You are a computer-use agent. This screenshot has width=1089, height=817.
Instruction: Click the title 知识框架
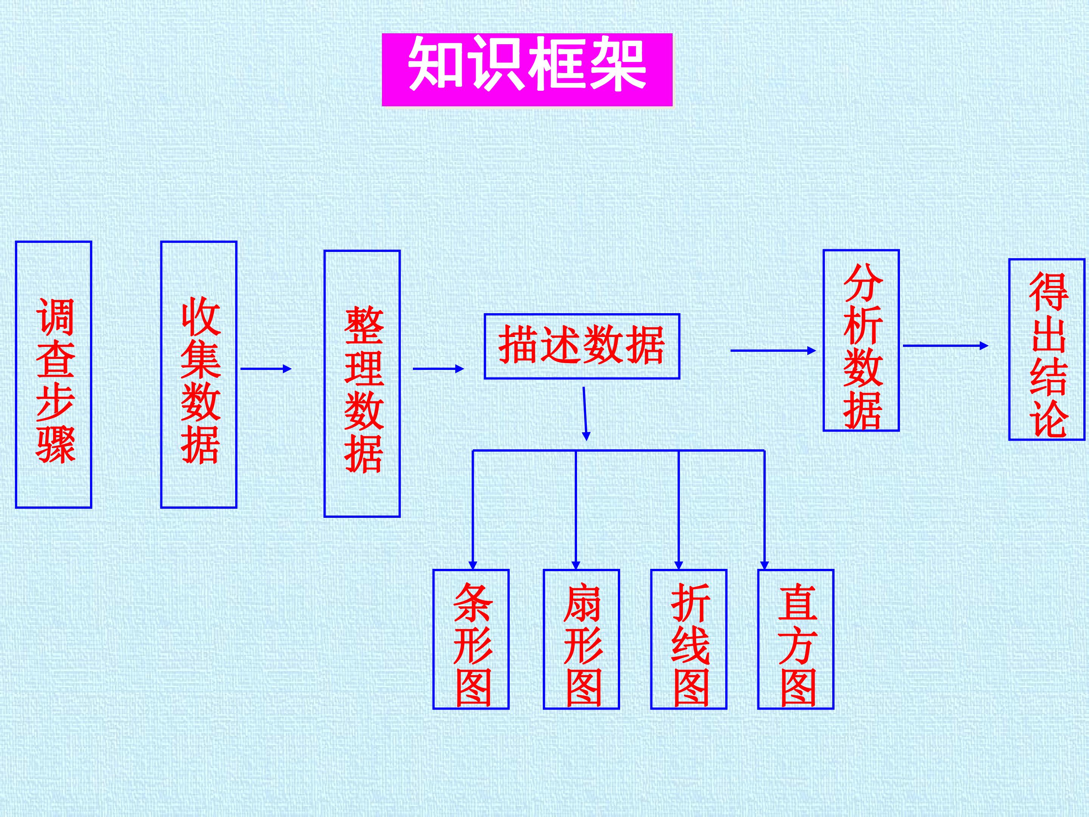tap(527, 70)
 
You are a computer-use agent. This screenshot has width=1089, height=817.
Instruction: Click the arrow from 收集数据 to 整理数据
tap(266, 368)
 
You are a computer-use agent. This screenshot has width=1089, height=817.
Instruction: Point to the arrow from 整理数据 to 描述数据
tap(439, 368)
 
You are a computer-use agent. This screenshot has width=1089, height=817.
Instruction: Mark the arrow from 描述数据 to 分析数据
tap(773, 351)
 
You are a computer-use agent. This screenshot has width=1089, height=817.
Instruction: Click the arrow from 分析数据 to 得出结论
tap(946, 346)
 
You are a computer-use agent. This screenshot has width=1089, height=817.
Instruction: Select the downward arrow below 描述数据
tap(585, 414)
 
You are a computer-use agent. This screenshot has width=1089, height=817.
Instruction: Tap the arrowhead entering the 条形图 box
tap(473, 565)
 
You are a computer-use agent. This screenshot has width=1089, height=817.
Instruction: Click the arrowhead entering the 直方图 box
tap(764, 565)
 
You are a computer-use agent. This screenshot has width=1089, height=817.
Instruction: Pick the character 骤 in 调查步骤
tap(56, 445)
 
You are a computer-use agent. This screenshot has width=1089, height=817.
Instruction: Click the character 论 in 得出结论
tap(1049, 419)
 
